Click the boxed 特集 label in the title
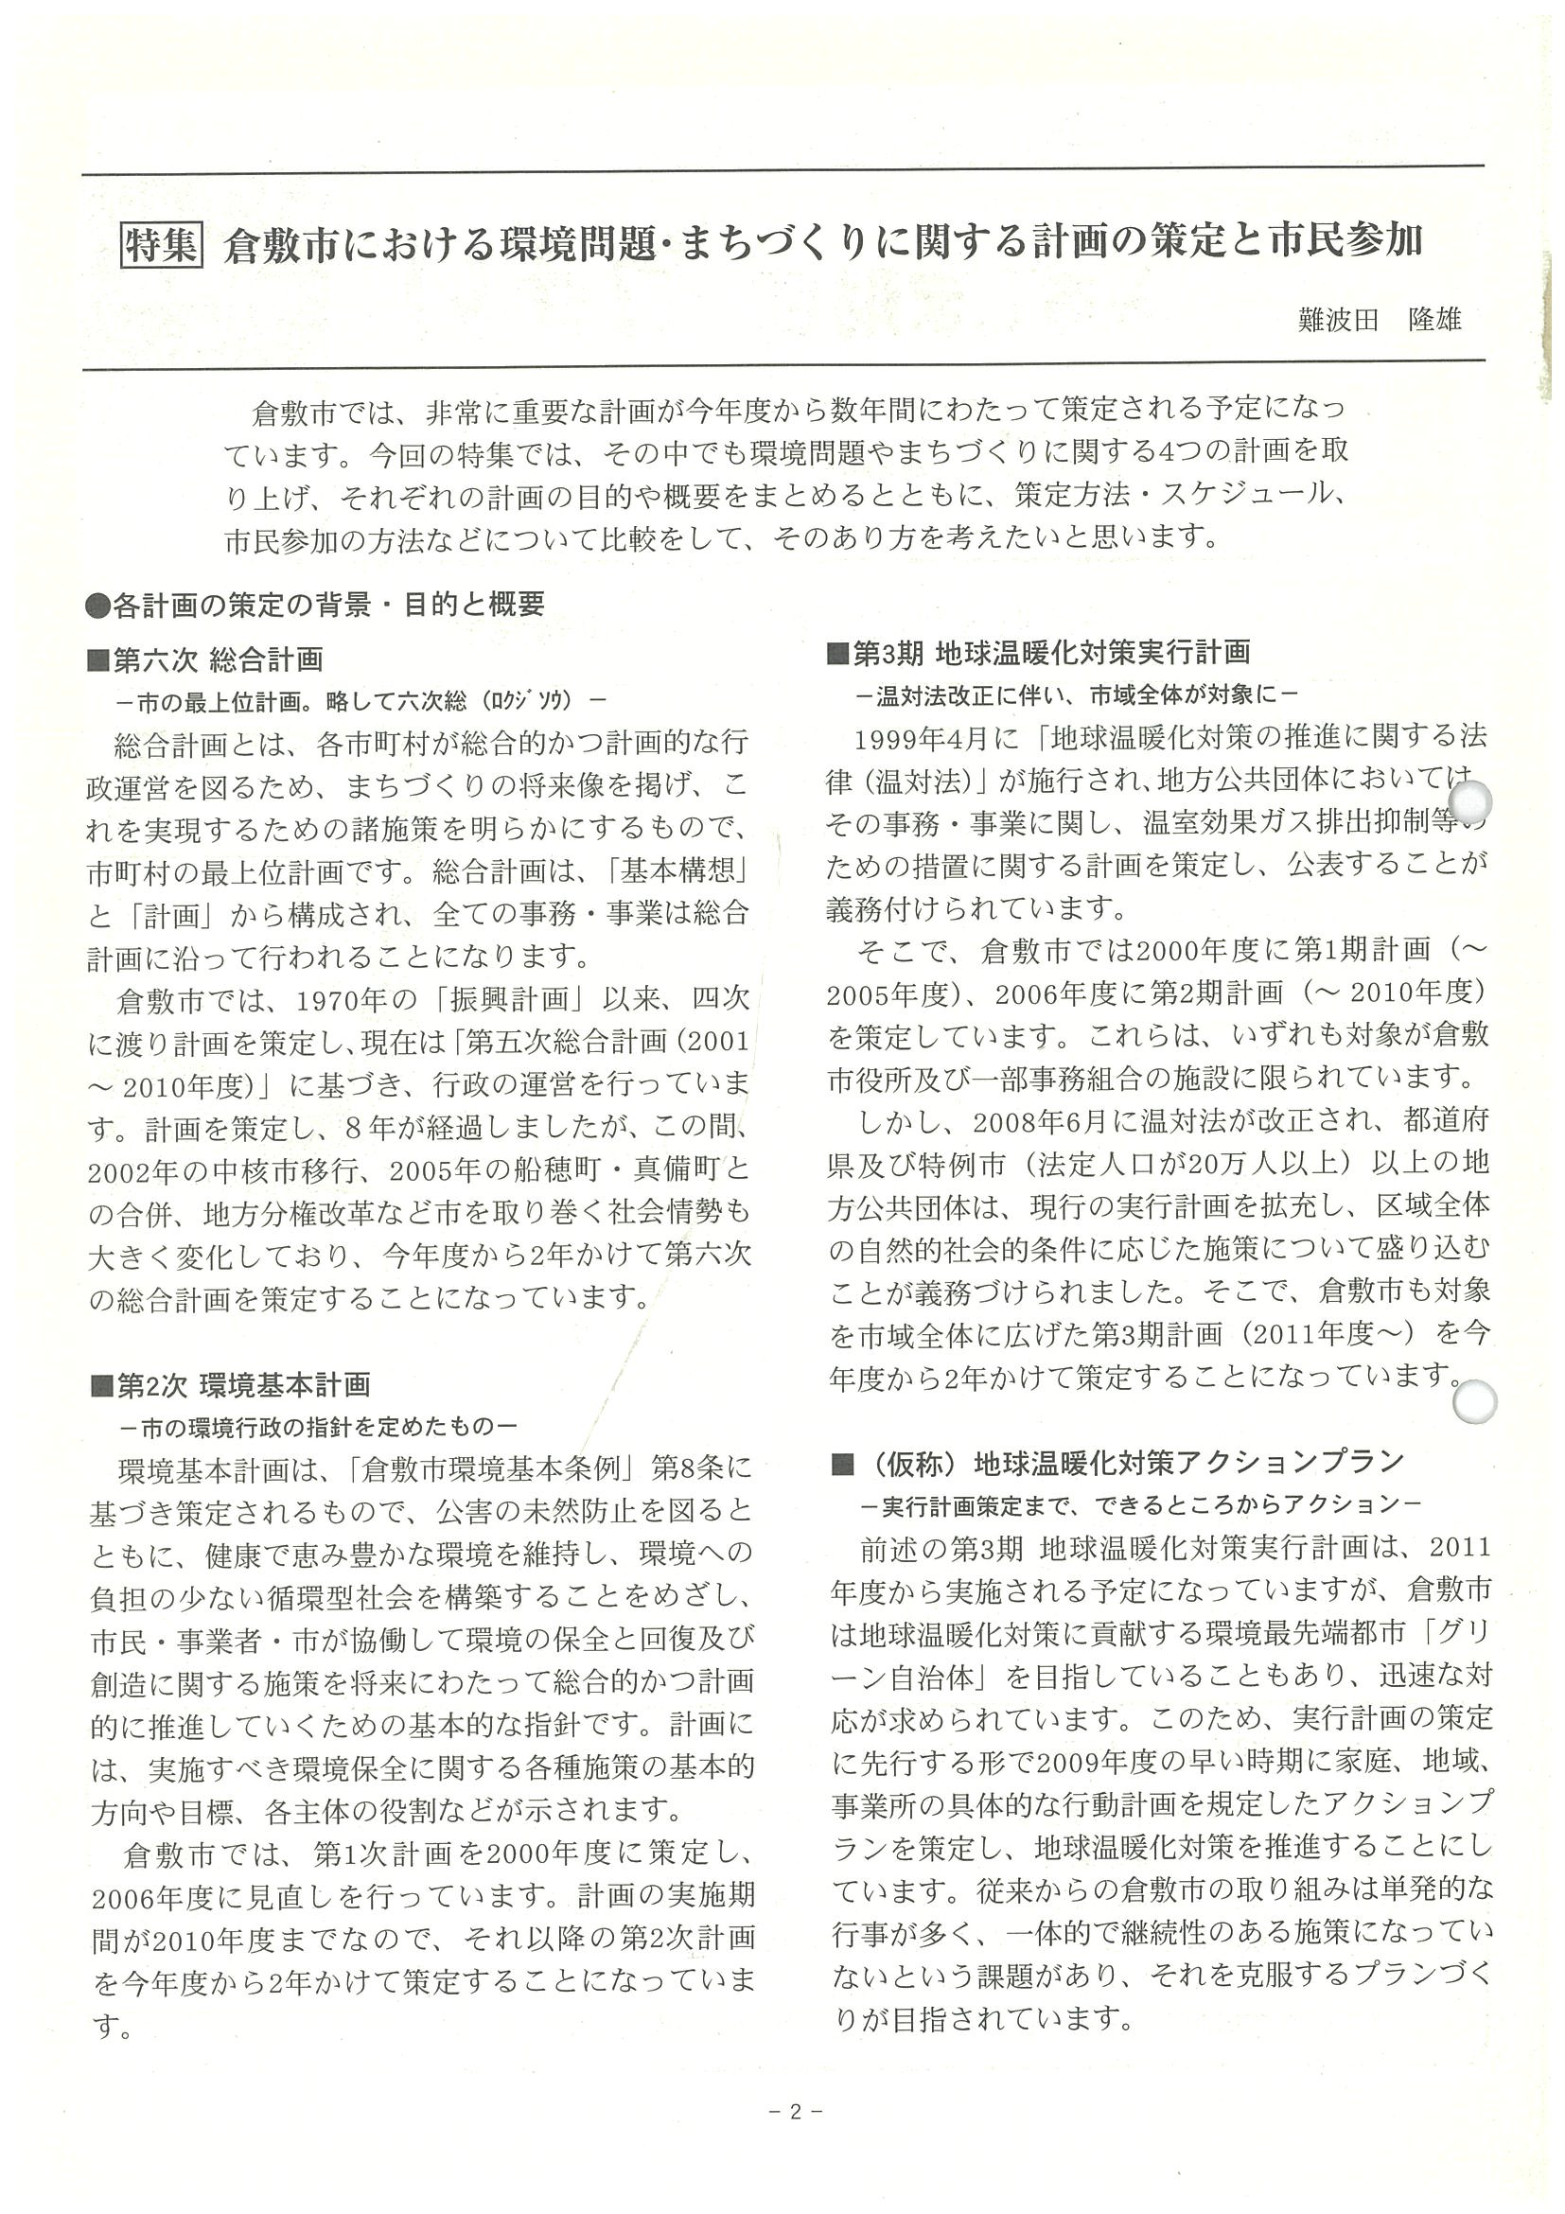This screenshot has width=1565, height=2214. point(161,245)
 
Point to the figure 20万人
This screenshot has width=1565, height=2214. point(1244,1163)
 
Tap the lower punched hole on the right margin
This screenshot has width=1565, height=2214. point(1472,1402)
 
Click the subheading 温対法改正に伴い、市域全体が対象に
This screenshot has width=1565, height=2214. point(1081,694)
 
